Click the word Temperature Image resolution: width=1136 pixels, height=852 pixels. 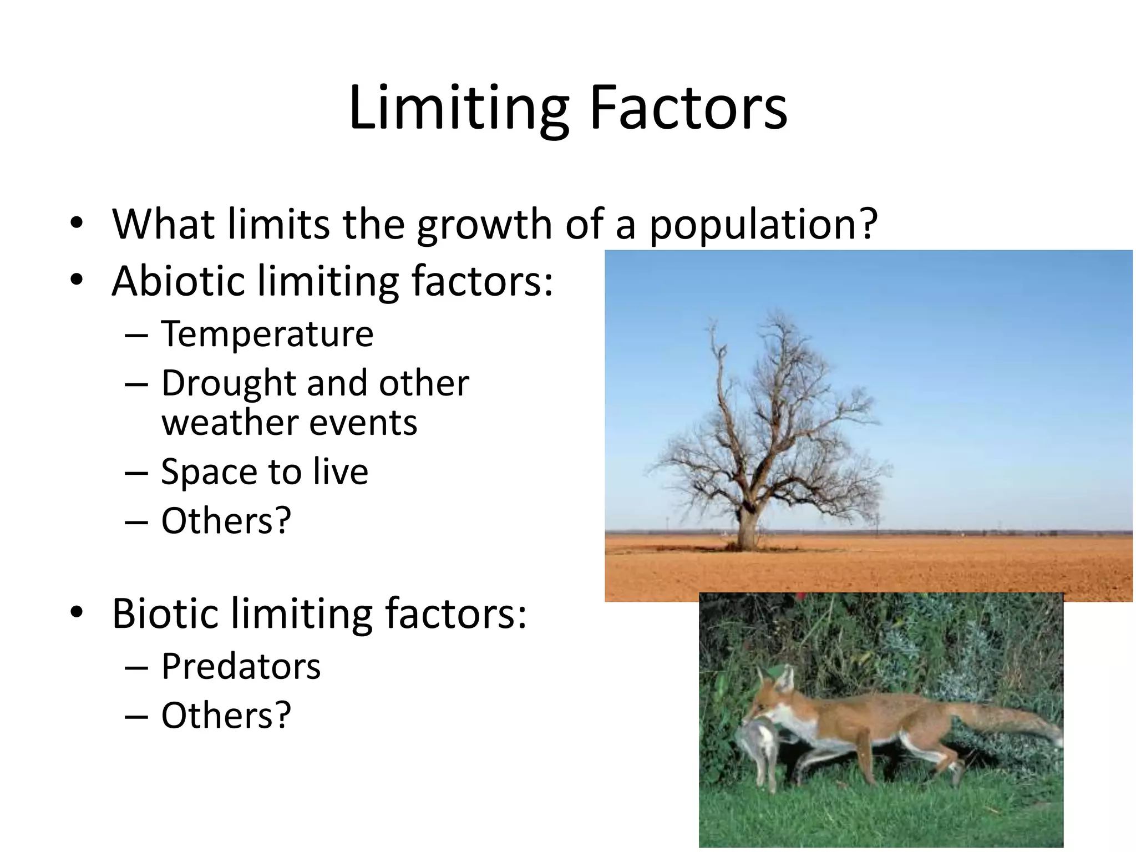267,334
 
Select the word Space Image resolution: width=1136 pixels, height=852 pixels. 209,472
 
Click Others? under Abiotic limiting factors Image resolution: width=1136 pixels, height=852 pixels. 226,521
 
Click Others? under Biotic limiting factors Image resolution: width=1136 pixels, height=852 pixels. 226,716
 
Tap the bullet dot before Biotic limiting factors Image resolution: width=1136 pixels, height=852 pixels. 77,612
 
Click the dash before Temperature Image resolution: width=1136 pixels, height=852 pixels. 136,336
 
